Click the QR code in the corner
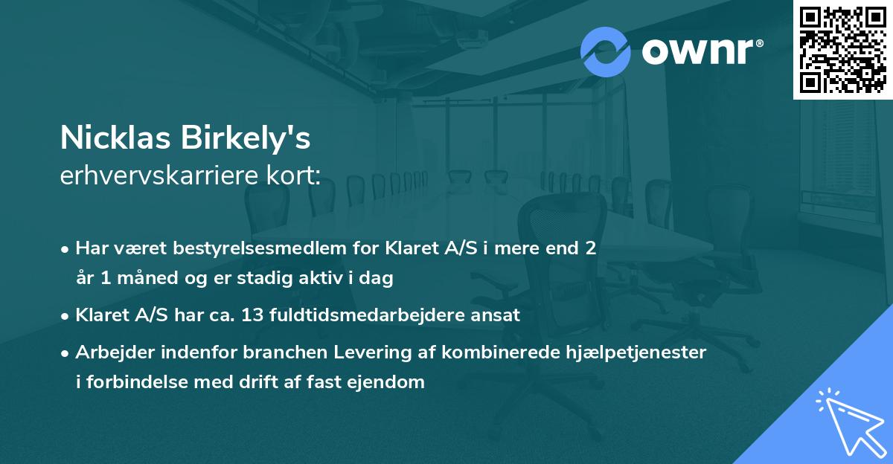842,49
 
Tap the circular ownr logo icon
606,51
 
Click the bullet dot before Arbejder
66,352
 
